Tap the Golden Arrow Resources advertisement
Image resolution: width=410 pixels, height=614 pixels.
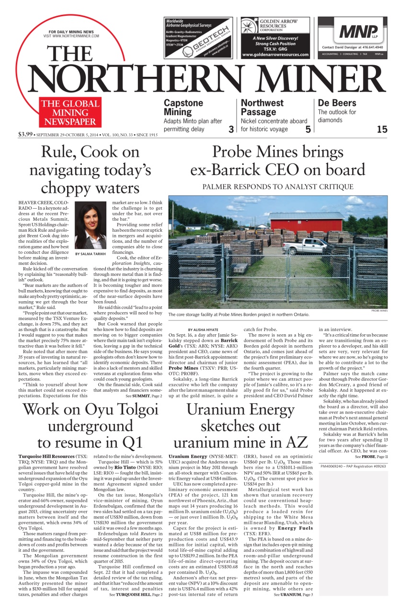pyautogui.click(x=275, y=37)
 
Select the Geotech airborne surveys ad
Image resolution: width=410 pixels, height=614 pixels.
pyautogui.click(x=198, y=37)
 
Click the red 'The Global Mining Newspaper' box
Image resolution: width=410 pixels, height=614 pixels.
pyautogui.click(x=70, y=112)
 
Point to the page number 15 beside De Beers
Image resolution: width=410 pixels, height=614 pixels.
pyautogui.click(x=381, y=129)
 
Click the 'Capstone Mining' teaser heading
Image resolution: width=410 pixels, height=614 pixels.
pyautogui.click(x=183, y=107)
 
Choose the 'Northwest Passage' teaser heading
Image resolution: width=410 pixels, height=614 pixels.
pyautogui.click(x=262, y=107)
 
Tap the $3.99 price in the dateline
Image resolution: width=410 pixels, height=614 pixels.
pyautogui.click(x=25, y=134)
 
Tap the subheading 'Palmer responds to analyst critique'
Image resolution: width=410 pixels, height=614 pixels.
pyautogui.click(x=278, y=187)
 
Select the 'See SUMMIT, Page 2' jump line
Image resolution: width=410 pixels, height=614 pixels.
pyautogui.click(x=144, y=396)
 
